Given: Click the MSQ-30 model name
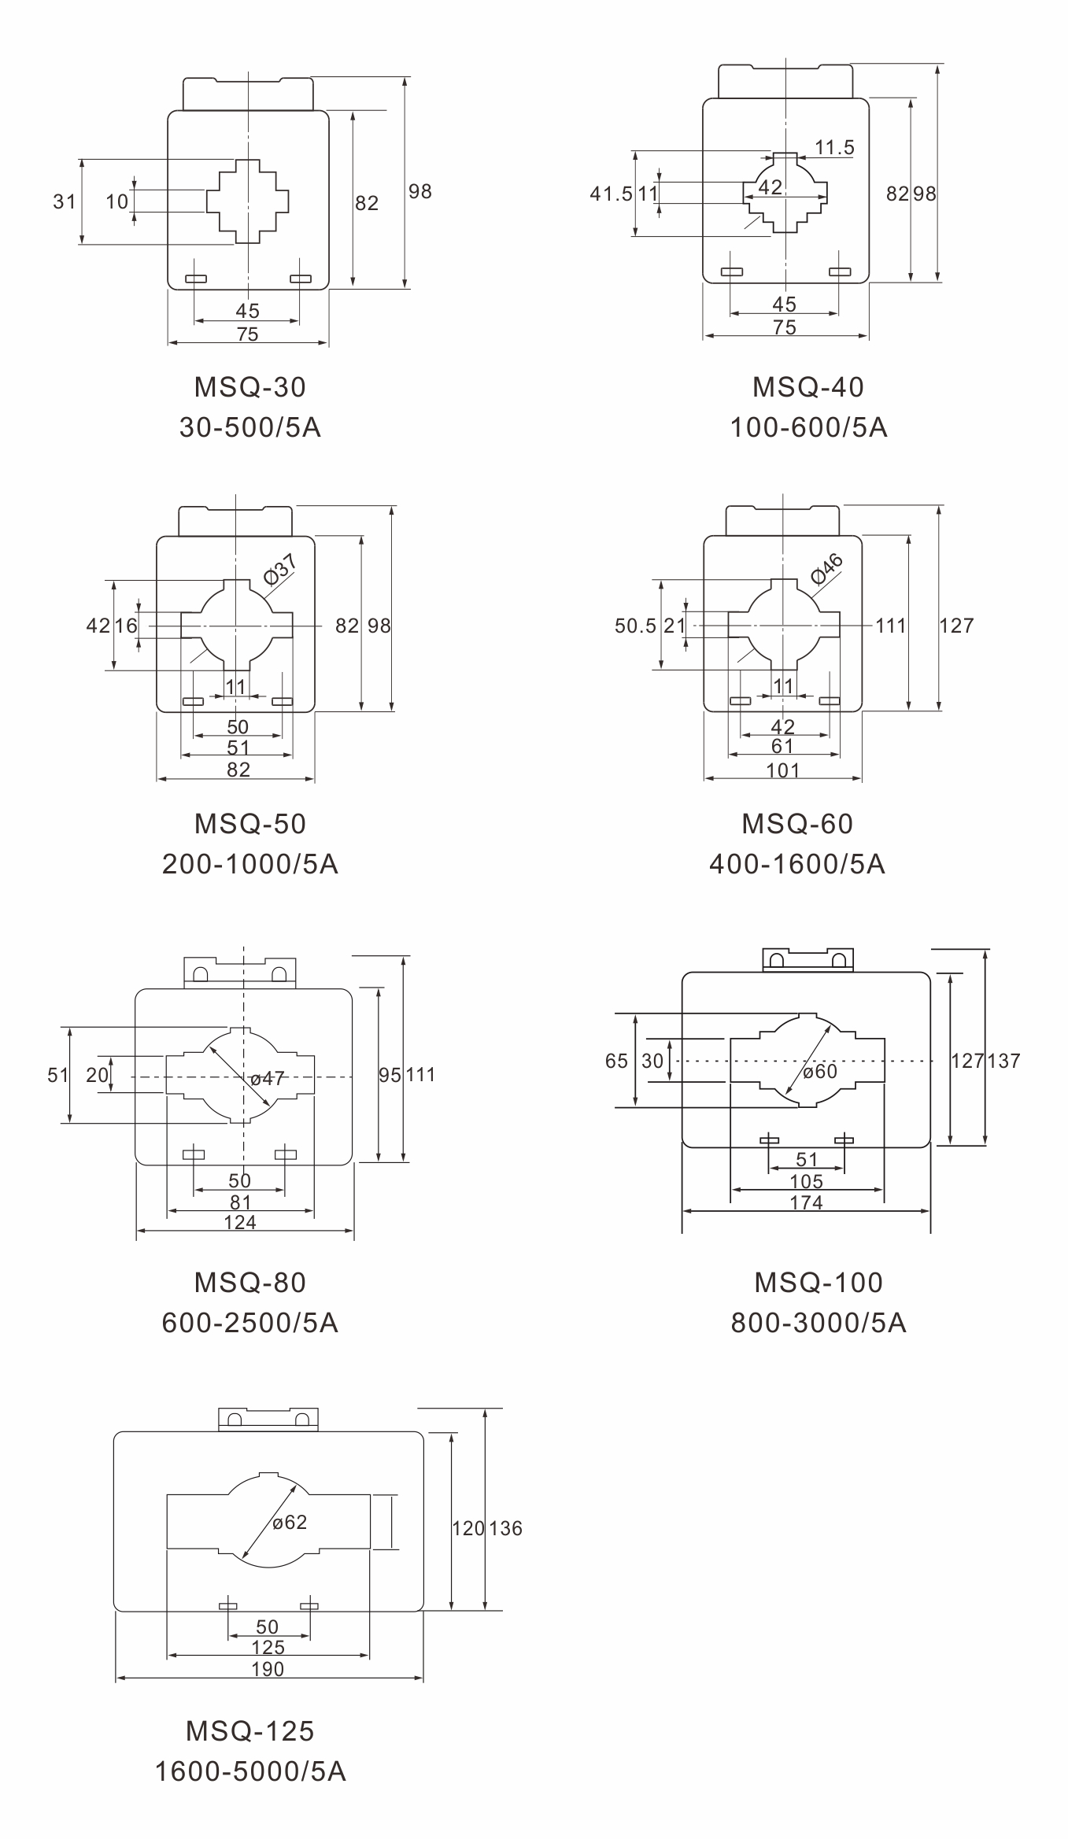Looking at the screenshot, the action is tap(250, 387).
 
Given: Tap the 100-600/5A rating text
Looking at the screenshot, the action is tap(808, 427).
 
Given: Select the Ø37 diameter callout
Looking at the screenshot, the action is tap(280, 569).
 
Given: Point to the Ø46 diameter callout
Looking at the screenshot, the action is tap(827, 569).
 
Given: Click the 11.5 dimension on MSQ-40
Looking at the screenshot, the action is tap(834, 147).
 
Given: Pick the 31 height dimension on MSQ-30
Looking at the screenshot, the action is tap(65, 201).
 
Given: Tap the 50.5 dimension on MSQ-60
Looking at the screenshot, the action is tap(635, 626).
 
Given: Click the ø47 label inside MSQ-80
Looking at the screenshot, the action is tap(268, 1078).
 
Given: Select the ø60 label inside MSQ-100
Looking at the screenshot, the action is tap(820, 1072).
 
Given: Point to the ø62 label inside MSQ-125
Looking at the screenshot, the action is tap(290, 1523).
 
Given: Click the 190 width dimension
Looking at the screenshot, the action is tap(268, 1669).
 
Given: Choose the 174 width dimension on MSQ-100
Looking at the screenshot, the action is tap(807, 1202).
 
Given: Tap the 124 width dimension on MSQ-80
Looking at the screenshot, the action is tap(240, 1222).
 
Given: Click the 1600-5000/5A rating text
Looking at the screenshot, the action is tap(250, 1771).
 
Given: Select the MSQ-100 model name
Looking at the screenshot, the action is tap(819, 1283).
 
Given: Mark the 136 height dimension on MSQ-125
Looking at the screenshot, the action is tap(505, 1528).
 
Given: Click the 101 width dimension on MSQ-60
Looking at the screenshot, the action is tap(783, 770).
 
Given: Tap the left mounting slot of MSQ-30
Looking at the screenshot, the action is tap(195, 279).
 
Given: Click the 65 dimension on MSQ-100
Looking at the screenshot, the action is tap(616, 1061).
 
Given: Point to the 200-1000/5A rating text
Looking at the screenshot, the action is tap(250, 864).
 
